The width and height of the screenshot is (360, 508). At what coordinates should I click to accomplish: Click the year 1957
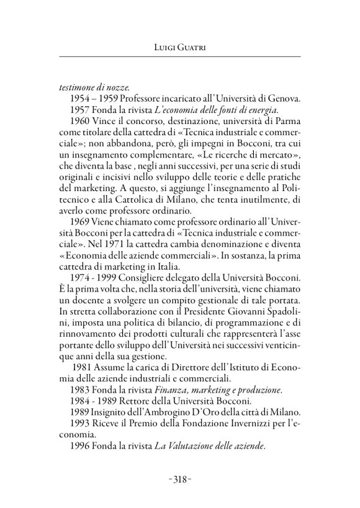pos(81,111)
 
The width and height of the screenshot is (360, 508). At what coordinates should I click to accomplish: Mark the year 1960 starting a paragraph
pos(81,123)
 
